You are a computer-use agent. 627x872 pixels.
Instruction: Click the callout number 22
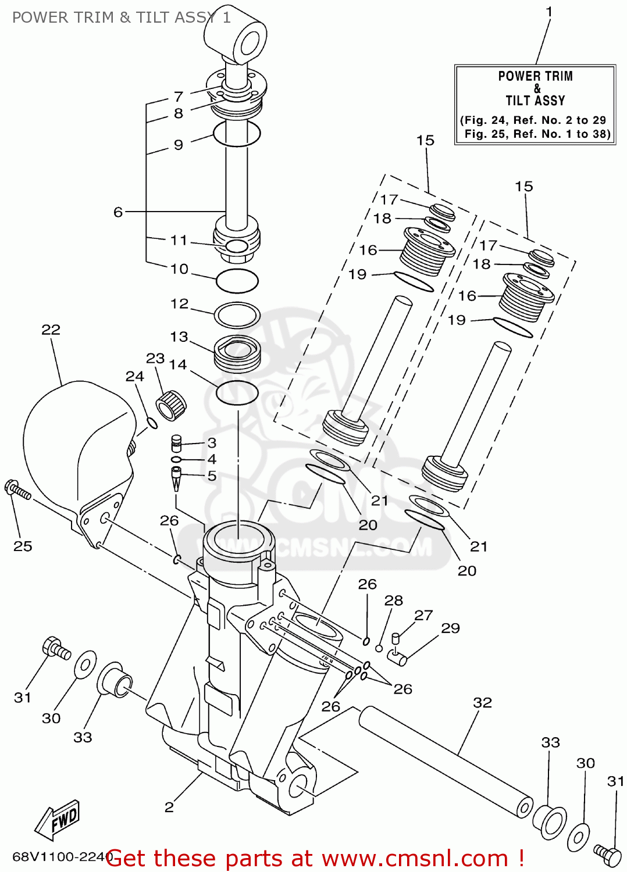pos(51,330)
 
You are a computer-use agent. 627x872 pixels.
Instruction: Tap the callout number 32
pos(482,703)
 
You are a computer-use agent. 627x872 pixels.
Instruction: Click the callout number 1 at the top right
pos(549,12)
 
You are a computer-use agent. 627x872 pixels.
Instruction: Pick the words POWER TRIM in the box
pos(535,76)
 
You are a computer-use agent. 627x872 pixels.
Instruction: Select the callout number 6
pos(118,212)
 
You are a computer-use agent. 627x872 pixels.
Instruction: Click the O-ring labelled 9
pos(236,134)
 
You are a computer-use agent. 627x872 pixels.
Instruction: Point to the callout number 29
pos(450,628)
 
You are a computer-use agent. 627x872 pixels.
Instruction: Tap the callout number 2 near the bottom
pos(169,807)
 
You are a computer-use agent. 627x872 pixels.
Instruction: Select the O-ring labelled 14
pos(237,393)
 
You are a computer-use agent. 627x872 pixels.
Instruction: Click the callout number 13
pos(179,337)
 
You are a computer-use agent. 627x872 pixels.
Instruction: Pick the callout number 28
pos(394,601)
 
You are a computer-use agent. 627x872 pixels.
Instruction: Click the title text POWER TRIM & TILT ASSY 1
pos(121,17)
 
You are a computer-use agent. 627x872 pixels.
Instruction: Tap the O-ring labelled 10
pos(237,281)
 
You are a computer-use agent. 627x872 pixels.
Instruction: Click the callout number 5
pos(212,476)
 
